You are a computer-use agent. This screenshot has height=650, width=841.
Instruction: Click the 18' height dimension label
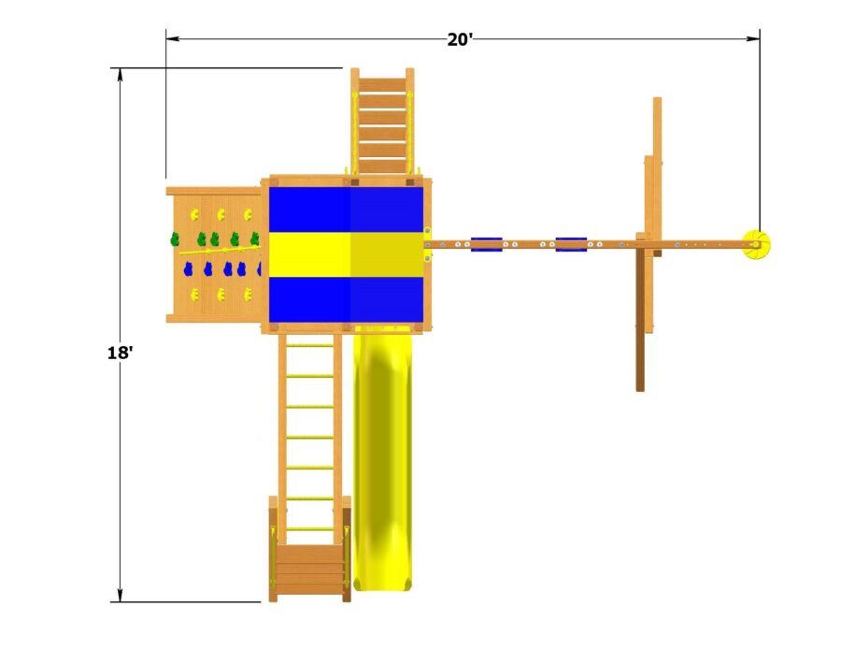point(120,354)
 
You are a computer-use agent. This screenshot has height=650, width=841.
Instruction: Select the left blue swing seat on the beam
point(486,244)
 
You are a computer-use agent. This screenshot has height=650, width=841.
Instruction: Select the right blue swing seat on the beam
point(571,244)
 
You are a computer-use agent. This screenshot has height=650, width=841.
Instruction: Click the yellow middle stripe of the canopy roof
point(347,254)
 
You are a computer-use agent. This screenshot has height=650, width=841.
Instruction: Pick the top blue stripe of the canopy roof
point(347,209)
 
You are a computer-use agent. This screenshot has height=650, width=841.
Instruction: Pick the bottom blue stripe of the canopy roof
point(347,297)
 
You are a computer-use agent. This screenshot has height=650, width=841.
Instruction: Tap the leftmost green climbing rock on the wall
point(173,239)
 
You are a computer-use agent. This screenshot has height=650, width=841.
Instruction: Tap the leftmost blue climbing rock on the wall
point(187,270)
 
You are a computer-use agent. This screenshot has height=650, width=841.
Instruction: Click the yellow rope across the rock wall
point(215,251)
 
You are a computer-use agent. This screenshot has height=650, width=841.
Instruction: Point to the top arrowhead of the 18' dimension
point(120,74)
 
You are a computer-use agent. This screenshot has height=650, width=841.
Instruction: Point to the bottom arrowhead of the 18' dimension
point(120,596)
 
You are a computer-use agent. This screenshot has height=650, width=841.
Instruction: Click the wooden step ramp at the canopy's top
point(382,122)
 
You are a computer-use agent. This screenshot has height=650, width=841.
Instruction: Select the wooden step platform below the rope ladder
point(309,566)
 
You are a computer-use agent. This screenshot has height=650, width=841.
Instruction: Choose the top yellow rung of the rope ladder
point(309,346)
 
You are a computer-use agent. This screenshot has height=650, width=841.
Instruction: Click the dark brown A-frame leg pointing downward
point(641,318)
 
